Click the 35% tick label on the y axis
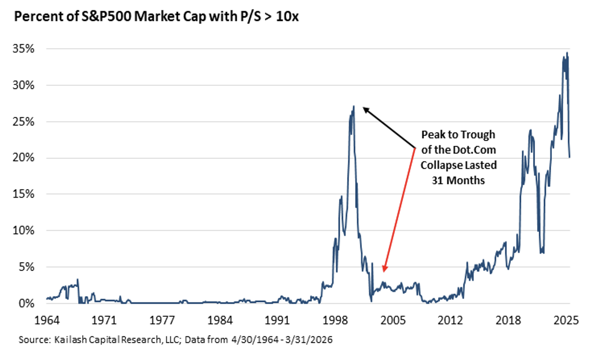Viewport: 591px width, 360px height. tap(23, 49)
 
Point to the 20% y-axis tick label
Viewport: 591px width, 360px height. tap(23, 157)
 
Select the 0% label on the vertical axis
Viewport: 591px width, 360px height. tap(26, 303)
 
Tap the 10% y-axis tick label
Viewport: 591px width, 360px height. tap(23, 230)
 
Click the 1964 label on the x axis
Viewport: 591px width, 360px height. tap(47, 320)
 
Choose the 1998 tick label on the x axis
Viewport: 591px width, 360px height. tap(335, 320)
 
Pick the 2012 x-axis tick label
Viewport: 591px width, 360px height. tap(450, 320)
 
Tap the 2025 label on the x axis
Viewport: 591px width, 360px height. tap(566, 320)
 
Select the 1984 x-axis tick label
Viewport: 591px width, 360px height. tap(220, 320)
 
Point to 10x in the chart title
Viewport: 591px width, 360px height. tap(287, 17)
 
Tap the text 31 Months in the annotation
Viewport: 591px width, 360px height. tap(458, 180)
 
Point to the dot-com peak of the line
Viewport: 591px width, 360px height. tap(353, 106)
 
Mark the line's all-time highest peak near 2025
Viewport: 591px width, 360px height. tap(567, 53)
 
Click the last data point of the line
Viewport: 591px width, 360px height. tap(569, 157)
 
